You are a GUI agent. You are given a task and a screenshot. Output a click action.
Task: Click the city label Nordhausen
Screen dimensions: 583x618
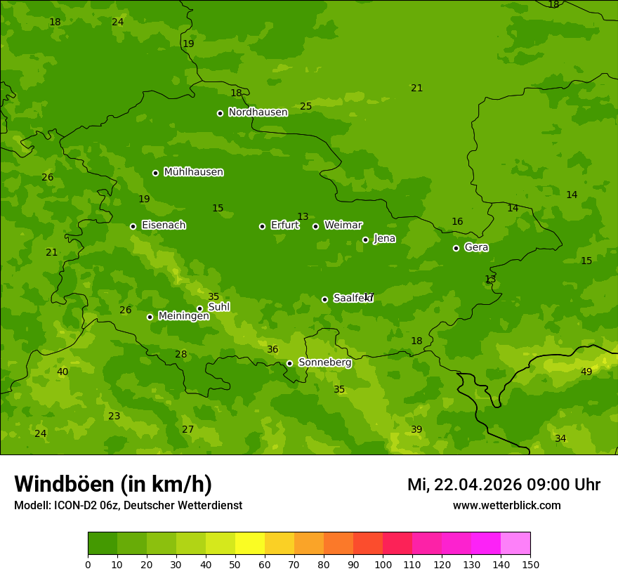point(258,112)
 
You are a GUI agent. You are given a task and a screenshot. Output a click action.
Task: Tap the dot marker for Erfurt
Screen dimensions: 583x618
point(262,226)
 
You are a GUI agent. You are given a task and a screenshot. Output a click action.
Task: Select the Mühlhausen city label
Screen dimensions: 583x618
point(193,172)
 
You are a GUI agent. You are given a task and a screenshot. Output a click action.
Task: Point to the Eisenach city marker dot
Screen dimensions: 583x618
point(133,226)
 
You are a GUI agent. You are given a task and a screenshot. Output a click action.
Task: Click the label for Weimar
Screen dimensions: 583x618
point(343,225)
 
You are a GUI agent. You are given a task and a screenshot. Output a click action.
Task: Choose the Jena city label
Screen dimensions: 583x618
point(384,239)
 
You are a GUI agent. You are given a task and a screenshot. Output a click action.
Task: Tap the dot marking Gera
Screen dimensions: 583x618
point(456,248)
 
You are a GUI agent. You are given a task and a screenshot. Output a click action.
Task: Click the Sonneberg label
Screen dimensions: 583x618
point(324,362)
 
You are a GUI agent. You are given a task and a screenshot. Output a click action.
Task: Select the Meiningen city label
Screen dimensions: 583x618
point(183,316)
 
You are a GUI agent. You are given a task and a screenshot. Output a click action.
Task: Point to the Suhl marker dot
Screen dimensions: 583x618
point(199,308)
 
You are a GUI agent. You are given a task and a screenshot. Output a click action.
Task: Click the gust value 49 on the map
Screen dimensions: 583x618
point(586,372)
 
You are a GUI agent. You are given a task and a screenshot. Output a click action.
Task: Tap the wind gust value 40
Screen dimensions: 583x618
point(63,372)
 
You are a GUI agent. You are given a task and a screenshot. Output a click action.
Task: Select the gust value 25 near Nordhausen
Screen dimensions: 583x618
point(305,106)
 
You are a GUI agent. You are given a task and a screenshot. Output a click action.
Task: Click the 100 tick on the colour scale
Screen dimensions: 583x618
point(383,564)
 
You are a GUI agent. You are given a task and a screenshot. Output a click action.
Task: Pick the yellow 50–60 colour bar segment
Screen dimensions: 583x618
point(250,544)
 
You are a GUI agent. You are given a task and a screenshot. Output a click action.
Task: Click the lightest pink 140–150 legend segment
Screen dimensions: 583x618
point(515,544)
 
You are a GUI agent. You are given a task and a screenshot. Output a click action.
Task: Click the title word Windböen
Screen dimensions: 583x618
point(63,484)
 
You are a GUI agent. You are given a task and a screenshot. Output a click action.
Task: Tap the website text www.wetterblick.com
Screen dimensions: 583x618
point(506,505)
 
